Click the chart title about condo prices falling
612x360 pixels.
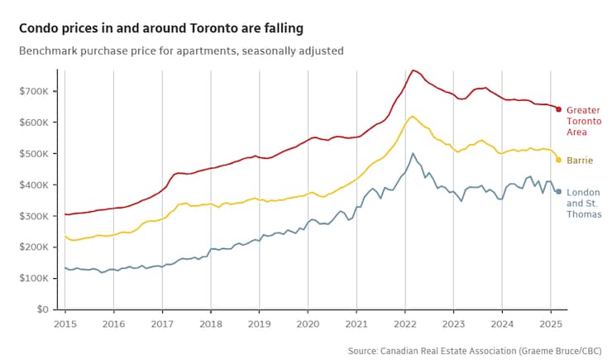[x=160, y=28]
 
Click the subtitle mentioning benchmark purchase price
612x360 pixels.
[x=181, y=51]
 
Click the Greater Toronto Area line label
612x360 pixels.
[x=583, y=121]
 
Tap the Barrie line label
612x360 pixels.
[x=579, y=160]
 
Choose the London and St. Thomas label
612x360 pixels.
[x=583, y=203]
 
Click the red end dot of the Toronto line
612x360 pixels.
[x=558, y=109]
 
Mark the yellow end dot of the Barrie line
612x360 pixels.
[x=558, y=160]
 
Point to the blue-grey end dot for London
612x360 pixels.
[x=558, y=192]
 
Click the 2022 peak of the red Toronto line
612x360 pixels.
[x=414, y=70]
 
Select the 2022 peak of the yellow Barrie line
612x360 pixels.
[x=413, y=117]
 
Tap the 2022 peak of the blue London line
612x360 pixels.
[x=414, y=153]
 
